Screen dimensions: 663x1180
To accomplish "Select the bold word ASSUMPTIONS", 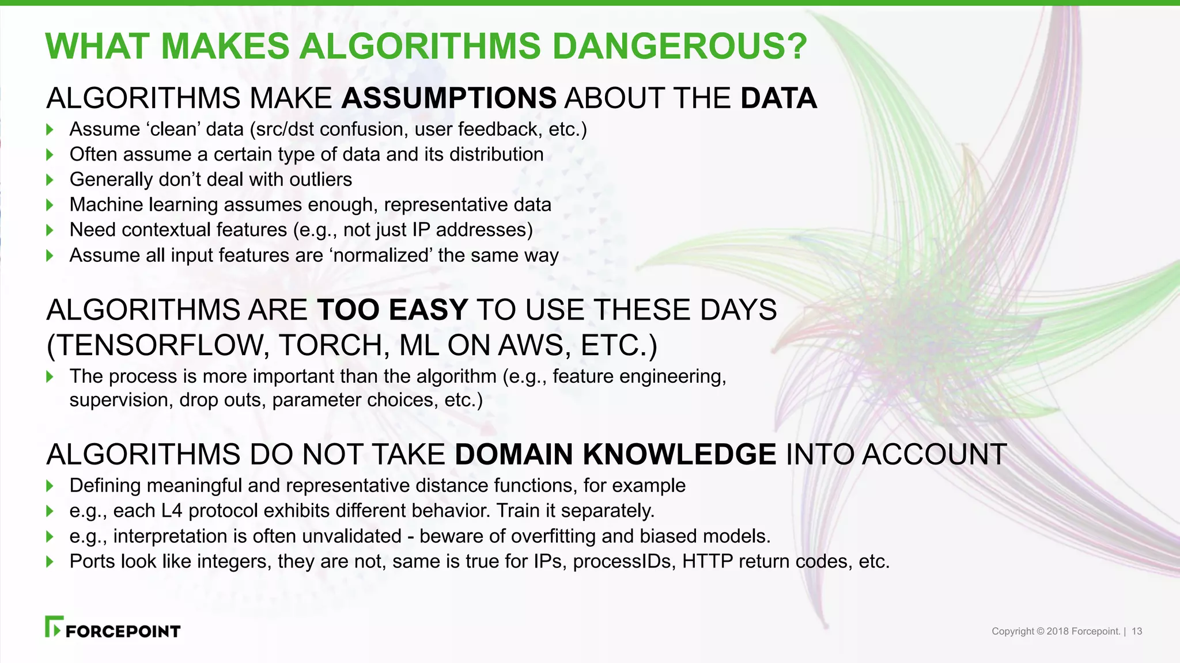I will (x=449, y=98).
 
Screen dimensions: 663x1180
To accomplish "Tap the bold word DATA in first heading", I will (x=778, y=98).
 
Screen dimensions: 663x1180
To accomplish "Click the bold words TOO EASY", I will (x=392, y=310).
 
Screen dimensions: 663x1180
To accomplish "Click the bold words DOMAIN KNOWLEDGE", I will (x=615, y=455).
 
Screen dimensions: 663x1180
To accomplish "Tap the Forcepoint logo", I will (x=113, y=628).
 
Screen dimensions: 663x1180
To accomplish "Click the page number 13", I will (x=1137, y=631).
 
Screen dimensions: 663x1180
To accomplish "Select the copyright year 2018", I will (x=1057, y=631).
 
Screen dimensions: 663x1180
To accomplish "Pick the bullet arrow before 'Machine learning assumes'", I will (x=50, y=205).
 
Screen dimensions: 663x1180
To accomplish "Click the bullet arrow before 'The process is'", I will (x=50, y=377).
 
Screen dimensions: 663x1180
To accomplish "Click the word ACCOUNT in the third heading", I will (x=934, y=455).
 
